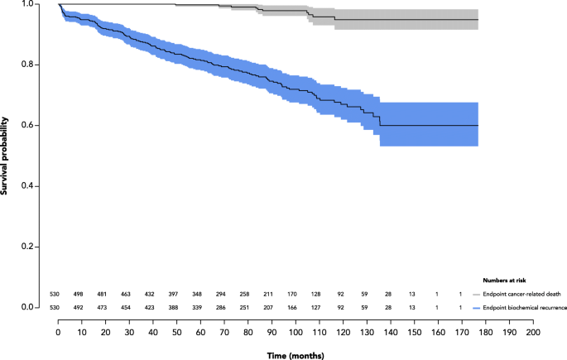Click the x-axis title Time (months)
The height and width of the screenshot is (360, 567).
[x=296, y=354]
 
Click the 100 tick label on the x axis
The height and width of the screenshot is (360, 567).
[x=296, y=331]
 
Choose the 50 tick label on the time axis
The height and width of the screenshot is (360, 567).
[x=176, y=331]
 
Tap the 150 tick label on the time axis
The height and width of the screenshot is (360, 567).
[x=415, y=331]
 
